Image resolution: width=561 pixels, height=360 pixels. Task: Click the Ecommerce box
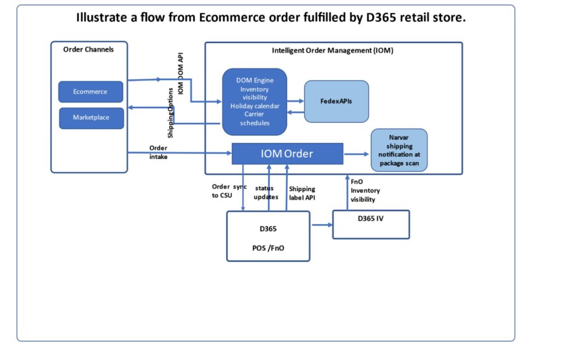90,92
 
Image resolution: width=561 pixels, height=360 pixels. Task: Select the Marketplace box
91,118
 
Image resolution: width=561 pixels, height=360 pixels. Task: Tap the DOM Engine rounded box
254,102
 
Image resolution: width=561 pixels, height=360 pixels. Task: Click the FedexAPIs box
336,101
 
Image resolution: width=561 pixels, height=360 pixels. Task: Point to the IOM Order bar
287,153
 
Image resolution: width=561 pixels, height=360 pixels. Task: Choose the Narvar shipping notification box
399,150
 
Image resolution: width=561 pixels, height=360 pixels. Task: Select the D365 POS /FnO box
268,236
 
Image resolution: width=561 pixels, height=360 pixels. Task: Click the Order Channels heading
89,49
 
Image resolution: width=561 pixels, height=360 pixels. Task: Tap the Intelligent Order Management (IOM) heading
333,50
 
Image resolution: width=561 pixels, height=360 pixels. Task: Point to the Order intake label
158,152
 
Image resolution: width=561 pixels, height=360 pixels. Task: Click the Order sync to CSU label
228,191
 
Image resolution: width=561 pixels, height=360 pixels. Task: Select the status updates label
266,192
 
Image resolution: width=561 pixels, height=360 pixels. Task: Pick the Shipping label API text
302,193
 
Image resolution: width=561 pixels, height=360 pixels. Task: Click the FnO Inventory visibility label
365,191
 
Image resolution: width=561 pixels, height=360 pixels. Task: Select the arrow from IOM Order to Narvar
357,155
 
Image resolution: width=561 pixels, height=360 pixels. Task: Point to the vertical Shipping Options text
171,122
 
